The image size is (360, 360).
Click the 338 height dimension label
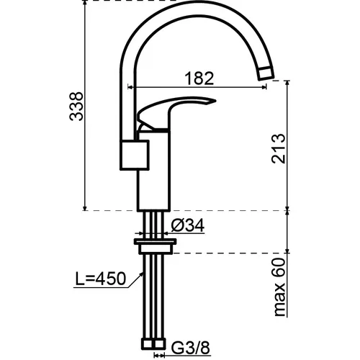pos(76,106)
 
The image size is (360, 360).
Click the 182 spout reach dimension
pos(199,78)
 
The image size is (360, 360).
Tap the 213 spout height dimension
pos(279,149)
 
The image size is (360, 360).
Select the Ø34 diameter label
pos(188,225)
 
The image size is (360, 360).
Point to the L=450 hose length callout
pos(101,279)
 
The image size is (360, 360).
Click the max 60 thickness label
pos(279,287)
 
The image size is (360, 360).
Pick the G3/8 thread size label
pos(191,348)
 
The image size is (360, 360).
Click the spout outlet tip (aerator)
pos(266,73)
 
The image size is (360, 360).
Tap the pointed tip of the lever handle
pos(215,101)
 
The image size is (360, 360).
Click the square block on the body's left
pos(135,155)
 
